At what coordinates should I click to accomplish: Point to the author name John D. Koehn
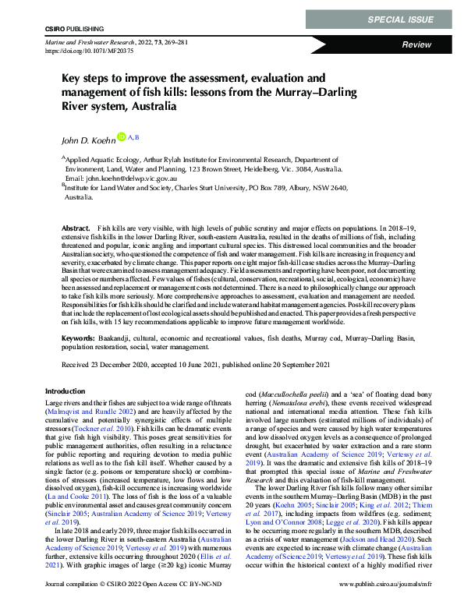(87, 140)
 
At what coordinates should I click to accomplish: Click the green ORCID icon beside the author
(121, 137)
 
